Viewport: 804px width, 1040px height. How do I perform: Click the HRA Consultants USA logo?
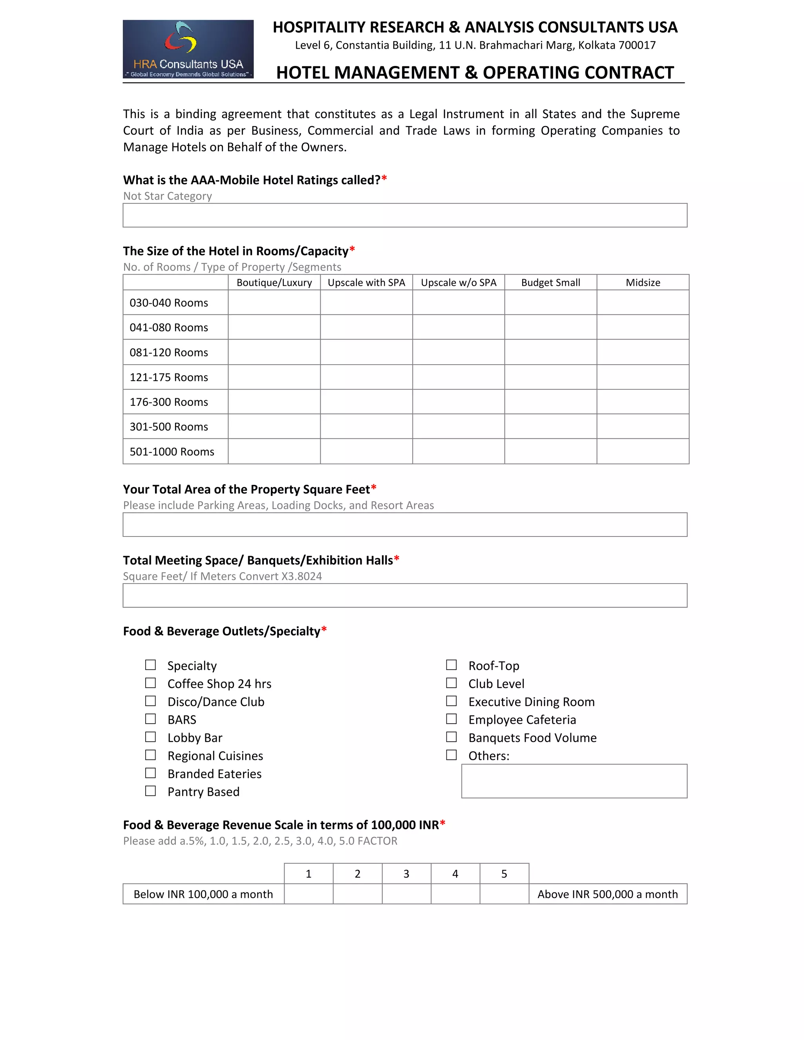point(188,49)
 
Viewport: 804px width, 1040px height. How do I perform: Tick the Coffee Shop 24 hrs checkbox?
point(150,683)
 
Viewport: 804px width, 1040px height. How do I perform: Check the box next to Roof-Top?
point(451,665)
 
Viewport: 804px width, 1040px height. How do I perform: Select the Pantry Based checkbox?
point(150,791)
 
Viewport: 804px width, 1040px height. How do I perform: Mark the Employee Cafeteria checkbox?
point(451,719)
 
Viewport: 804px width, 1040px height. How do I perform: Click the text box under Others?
point(574,781)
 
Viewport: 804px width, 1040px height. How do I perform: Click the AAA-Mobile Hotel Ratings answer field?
point(405,215)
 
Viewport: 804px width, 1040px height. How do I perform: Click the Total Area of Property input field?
point(405,525)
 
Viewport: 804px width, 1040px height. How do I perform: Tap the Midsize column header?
point(643,283)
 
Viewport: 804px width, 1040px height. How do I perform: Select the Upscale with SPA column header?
point(366,283)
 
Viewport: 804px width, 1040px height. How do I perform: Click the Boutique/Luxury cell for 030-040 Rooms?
point(274,302)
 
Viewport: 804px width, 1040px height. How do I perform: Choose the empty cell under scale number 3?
point(406,894)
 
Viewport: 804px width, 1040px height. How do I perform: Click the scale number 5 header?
point(504,874)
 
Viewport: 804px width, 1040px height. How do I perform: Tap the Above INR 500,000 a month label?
point(607,894)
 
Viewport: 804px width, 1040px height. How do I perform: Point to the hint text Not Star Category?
point(167,196)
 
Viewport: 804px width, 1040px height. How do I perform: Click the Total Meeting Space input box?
point(405,595)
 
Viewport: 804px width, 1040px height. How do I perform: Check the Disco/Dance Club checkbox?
point(150,701)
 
